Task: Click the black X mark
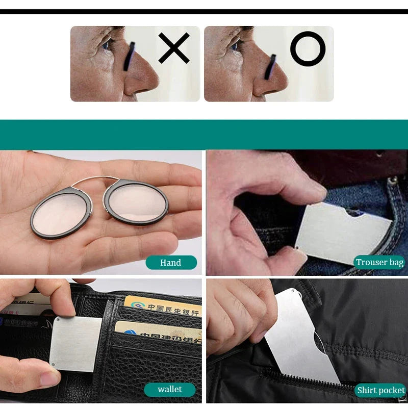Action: click(x=174, y=48)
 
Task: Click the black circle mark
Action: click(x=308, y=48)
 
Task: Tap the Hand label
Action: click(x=171, y=263)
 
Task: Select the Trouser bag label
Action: click(x=379, y=262)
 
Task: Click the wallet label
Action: click(x=170, y=390)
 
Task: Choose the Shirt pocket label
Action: click(x=380, y=391)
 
